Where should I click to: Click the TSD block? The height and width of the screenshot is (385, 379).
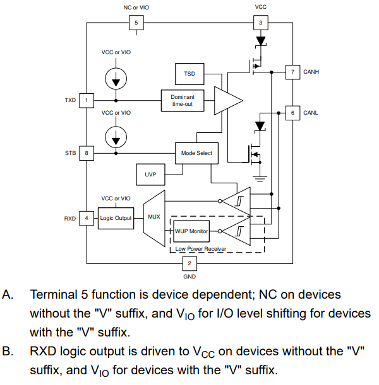(189, 74)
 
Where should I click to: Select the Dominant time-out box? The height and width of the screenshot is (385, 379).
(187, 100)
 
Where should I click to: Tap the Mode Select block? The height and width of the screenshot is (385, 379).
(196, 152)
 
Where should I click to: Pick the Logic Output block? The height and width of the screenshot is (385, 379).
(116, 218)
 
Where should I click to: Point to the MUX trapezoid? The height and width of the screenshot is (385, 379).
(153, 217)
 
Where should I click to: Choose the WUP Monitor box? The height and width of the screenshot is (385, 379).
(190, 231)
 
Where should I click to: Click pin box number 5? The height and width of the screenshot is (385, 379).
(135, 23)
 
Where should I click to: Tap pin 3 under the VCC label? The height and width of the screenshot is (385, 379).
(260, 23)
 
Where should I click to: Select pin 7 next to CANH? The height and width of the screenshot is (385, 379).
(292, 72)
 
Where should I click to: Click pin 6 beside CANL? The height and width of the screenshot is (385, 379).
(292, 113)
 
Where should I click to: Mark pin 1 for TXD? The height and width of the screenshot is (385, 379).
(87, 100)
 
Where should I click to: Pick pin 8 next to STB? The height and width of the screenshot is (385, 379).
(87, 152)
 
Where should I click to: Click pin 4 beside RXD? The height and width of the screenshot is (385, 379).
(87, 218)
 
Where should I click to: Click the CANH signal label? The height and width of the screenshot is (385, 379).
(311, 72)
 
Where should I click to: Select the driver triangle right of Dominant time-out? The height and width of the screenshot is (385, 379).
(227, 100)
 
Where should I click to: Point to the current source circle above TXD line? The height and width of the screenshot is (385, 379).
(116, 78)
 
